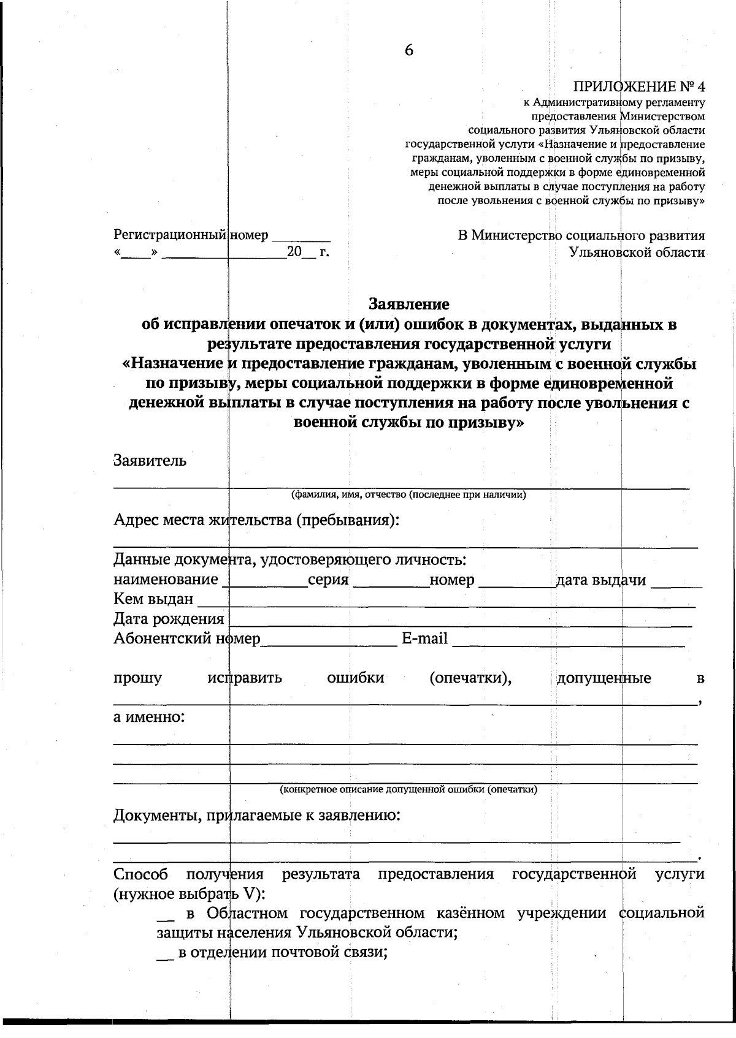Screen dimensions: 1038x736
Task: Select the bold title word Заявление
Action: coord(408,303)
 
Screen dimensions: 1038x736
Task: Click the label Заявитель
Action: coord(150,460)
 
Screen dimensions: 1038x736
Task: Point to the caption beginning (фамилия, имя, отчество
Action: coord(408,495)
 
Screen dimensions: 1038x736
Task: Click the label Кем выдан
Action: coord(153,599)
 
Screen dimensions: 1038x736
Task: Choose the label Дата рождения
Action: coord(169,618)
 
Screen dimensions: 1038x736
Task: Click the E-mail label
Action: coord(424,638)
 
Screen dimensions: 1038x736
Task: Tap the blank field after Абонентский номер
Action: coord(329,641)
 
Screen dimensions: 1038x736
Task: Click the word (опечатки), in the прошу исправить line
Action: coord(470,678)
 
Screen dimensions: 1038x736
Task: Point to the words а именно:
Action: coord(149,716)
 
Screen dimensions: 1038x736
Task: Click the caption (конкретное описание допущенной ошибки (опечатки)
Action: coord(408,789)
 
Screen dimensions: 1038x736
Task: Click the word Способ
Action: coord(141,874)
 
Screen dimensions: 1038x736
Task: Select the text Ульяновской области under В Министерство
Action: coord(637,252)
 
